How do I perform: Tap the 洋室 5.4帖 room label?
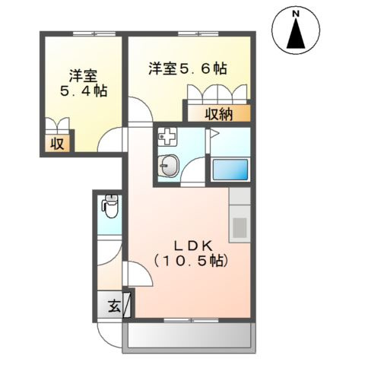[82, 83]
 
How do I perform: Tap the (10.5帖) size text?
[190, 260]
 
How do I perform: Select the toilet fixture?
[110, 205]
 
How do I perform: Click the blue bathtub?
[230, 169]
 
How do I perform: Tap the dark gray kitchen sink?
[239, 227]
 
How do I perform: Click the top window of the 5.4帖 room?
[84, 35]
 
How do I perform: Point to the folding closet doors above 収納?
[217, 95]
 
